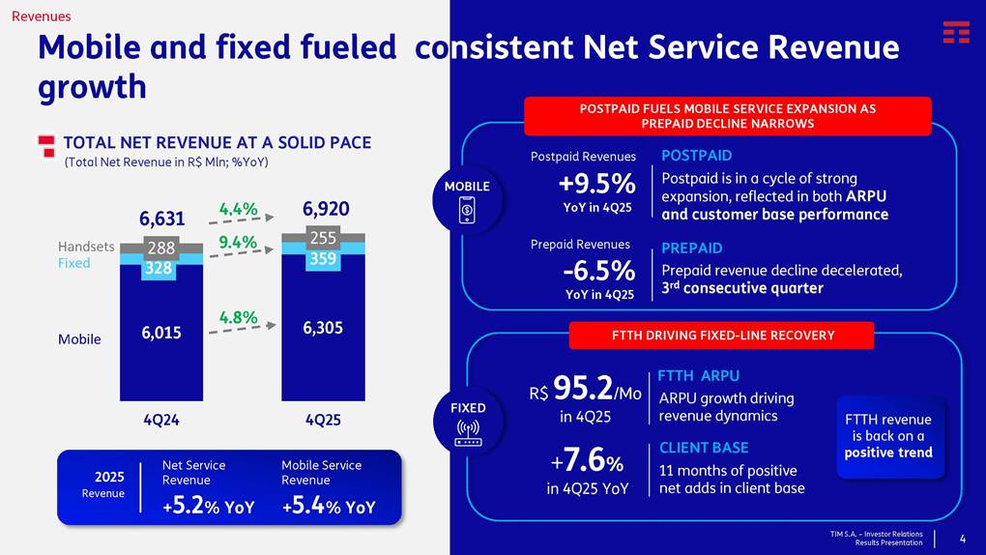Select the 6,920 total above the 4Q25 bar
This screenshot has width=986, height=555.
tap(326, 209)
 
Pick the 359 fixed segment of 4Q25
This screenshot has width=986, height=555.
tap(324, 259)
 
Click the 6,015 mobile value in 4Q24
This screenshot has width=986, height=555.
tap(160, 333)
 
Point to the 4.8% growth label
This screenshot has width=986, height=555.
tap(238, 316)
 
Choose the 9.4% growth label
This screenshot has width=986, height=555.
tap(238, 242)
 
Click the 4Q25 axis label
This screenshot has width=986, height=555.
tap(323, 421)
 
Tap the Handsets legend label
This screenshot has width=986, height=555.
tap(86, 247)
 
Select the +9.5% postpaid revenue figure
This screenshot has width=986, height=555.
tap(596, 184)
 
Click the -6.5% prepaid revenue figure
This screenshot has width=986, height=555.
tap(598, 270)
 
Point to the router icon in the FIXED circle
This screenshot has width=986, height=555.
tap(468, 431)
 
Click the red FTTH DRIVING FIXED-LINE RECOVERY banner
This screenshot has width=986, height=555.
tap(721, 336)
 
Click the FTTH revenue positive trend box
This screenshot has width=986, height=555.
tap(888, 436)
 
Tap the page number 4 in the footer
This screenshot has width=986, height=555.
tap(962, 539)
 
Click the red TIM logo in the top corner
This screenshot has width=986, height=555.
tap(956, 32)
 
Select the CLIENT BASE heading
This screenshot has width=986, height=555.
tap(704, 448)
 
